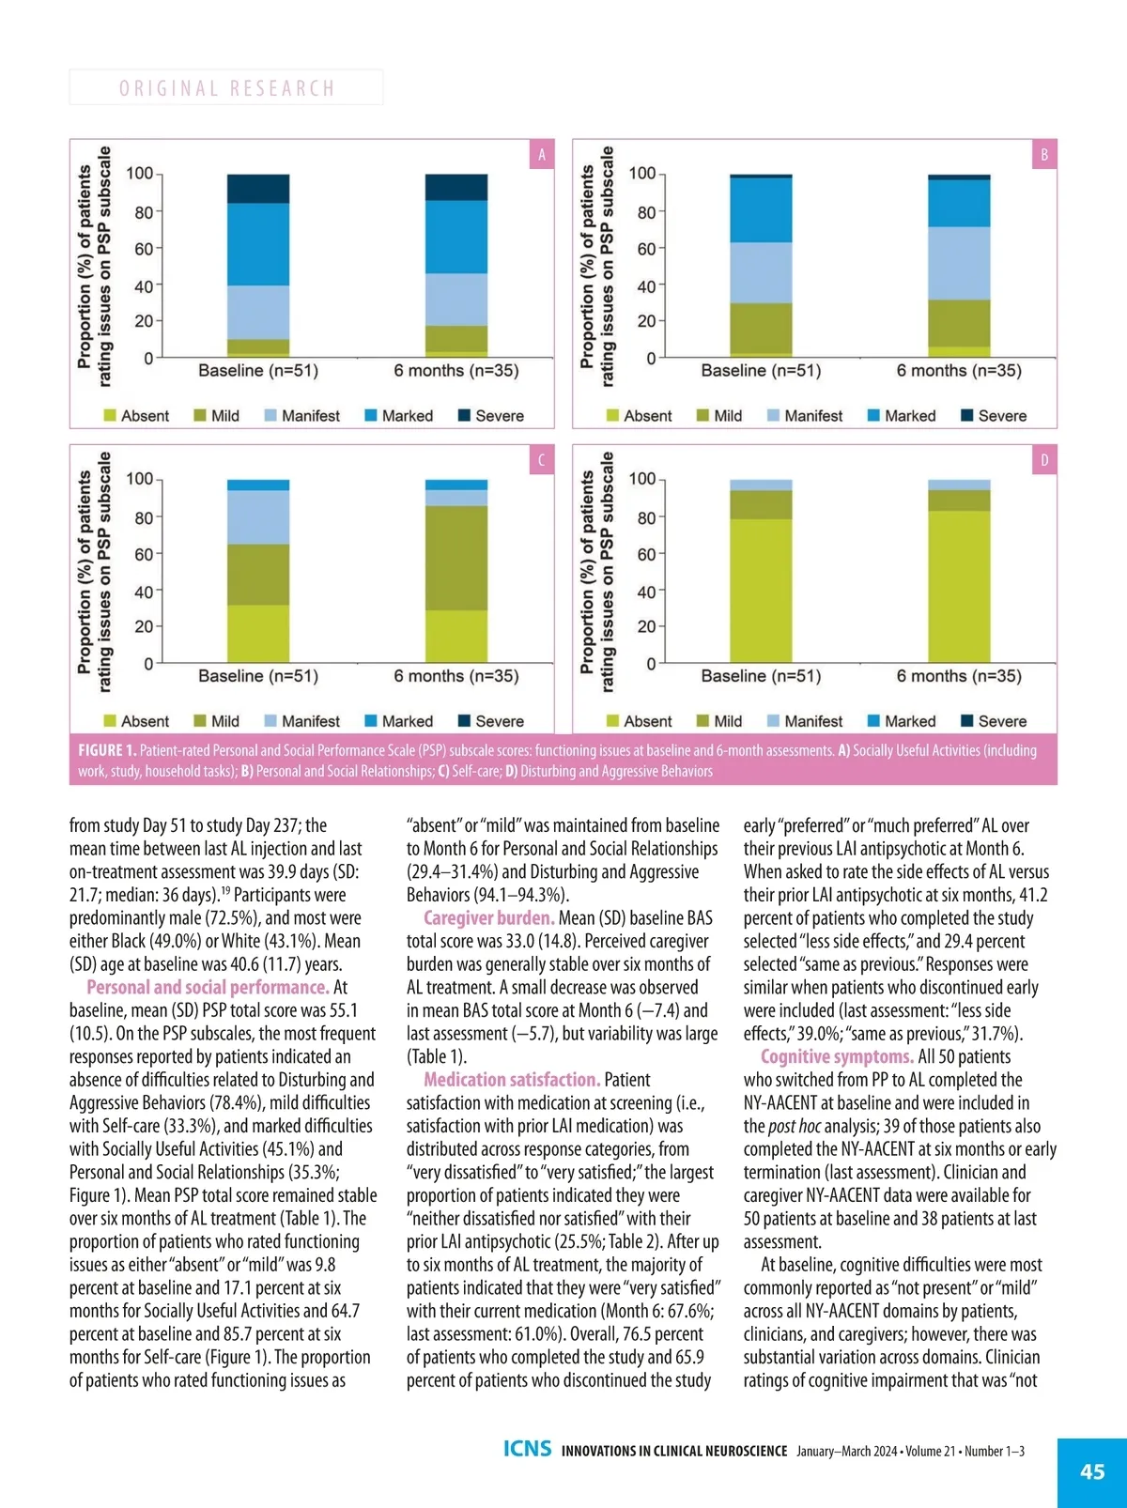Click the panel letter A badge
coord(541,155)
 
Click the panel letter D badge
coord(1043,460)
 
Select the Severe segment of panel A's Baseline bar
coord(258,189)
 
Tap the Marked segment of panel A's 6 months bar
coord(456,237)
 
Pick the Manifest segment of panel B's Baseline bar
coord(761,272)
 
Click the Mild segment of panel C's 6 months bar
coord(456,558)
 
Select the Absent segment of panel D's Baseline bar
coord(761,592)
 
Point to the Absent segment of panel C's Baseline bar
coord(258,634)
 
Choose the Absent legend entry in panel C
coord(136,721)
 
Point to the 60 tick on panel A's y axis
coord(143,249)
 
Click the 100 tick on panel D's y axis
coord(642,479)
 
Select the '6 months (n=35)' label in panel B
coord(959,371)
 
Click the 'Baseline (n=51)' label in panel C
coord(258,676)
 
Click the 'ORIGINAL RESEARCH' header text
coord(226,88)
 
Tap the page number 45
coord(1092,1471)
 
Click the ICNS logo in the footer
coord(527,1449)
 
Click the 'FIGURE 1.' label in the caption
coord(107,750)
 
